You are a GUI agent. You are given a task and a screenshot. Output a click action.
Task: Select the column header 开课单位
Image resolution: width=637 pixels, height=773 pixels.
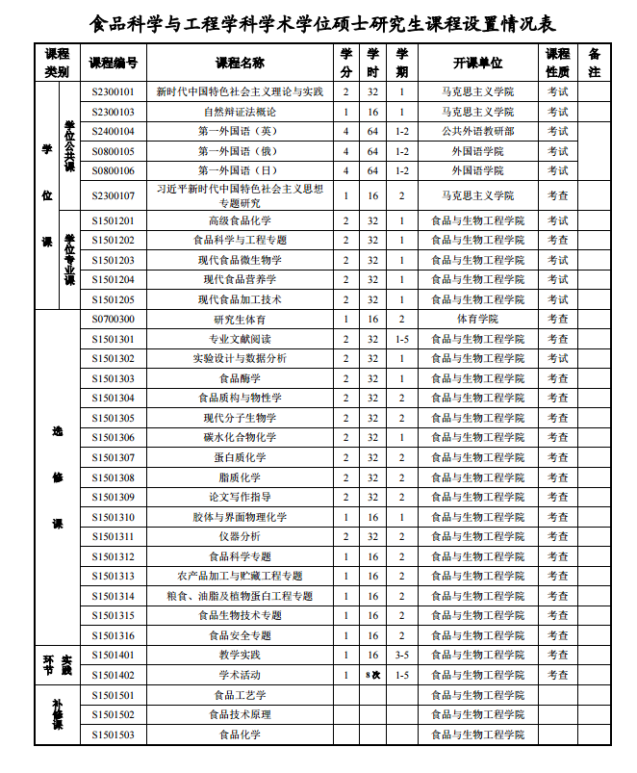[x=477, y=63]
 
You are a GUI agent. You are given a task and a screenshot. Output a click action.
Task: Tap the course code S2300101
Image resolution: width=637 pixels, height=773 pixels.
[x=113, y=91]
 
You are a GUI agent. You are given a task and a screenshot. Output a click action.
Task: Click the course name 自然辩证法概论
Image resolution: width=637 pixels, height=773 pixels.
[x=240, y=112]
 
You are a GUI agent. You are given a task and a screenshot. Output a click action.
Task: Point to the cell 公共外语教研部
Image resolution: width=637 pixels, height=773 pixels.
[x=477, y=131]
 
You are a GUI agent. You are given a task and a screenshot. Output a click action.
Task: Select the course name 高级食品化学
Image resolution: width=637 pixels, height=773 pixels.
[x=240, y=220]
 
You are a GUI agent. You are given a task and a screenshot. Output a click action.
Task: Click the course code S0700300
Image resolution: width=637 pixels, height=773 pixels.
[x=113, y=319]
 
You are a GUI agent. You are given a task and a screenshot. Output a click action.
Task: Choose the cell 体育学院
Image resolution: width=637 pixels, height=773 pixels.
[x=477, y=319]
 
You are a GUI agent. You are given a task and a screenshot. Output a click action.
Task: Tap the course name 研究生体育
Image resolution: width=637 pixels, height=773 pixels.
[x=240, y=319]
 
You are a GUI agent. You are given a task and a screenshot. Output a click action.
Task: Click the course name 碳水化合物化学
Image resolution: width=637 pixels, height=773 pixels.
[x=240, y=437]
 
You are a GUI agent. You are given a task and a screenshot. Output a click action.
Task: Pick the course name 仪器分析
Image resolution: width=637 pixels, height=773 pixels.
[x=240, y=536]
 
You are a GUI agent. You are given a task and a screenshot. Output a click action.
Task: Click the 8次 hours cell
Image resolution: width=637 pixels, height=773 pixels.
[x=372, y=675]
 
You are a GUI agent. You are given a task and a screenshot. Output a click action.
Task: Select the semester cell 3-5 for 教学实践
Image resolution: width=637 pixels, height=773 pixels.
[x=402, y=655]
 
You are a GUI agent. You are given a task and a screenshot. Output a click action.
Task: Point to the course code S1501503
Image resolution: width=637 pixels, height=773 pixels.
[x=113, y=734]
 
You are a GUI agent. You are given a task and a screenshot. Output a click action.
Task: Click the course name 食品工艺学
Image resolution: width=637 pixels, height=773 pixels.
[x=240, y=695]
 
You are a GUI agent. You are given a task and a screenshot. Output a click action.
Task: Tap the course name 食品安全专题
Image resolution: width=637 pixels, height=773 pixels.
[x=240, y=635]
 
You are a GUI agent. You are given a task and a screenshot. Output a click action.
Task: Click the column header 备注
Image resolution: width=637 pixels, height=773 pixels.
[x=594, y=63]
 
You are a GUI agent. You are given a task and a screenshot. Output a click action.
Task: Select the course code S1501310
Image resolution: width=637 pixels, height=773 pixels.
[x=113, y=517]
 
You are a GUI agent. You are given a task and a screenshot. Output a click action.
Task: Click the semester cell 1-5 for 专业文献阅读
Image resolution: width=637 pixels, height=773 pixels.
[x=402, y=339]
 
